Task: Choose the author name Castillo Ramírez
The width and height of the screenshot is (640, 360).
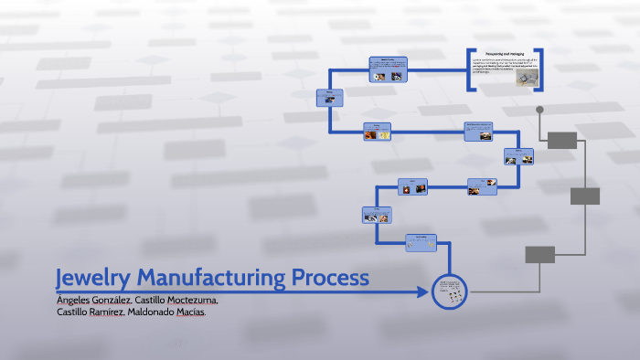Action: [88, 312]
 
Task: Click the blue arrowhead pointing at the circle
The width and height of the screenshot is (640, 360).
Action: [422, 292]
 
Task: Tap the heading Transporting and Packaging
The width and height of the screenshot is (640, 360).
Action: [505, 55]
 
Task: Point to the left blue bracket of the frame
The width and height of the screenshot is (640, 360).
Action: [469, 69]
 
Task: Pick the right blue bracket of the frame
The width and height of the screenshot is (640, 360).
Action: [541, 69]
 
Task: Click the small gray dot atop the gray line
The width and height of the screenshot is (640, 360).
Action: [539, 110]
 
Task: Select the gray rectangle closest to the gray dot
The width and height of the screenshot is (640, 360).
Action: [562, 140]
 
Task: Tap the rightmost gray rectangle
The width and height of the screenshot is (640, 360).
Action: [584, 196]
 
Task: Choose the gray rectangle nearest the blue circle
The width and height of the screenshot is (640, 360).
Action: [539, 254]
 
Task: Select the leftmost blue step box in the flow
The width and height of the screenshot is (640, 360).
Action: [329, 98]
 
